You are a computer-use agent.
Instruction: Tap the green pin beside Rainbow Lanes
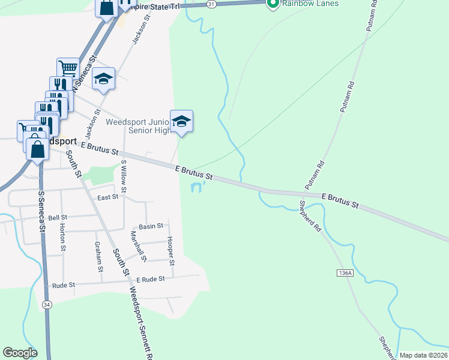coord(273,4)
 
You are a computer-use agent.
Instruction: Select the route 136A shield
coord(344,272)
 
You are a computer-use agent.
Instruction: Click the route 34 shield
coord(46,304)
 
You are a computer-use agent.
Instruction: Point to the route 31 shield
coord(211,4)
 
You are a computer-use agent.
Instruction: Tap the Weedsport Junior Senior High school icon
coord(181,122)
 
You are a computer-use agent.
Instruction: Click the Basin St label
coord(151,226)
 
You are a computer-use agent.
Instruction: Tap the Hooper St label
coord(171,251)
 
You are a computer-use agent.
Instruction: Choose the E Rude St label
coord(149,280)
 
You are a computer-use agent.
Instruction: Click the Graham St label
coord(98,256)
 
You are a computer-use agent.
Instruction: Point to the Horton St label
coord(62,237)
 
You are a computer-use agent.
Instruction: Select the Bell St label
coord(58,217)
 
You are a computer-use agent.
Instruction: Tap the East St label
coord(107,197)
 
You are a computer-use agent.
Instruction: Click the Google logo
coord(20,353)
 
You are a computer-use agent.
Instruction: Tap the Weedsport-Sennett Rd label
coord(142,324)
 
